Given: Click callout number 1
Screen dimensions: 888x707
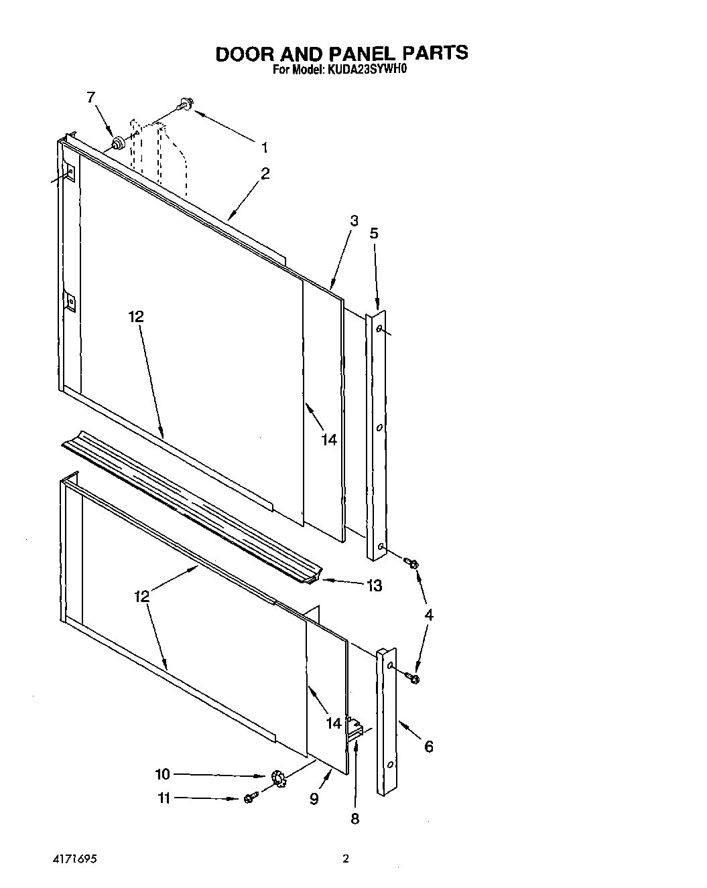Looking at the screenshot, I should [265, 147].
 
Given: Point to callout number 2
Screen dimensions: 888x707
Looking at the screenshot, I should [265, 173].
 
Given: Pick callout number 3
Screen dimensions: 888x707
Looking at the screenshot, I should [354, 220].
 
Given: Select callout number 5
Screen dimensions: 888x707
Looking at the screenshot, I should [374, 233].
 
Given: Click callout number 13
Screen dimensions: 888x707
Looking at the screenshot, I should [374, 585].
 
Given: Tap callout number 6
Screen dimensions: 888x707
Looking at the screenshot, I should [428, 746].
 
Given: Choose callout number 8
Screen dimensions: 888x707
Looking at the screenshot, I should [355, 818].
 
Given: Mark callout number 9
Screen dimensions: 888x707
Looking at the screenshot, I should [314, 798].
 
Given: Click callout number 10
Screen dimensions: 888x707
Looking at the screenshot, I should [163, 774].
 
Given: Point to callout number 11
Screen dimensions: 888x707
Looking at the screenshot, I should [163, 798].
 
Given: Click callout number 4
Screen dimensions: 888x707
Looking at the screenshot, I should [428, 615].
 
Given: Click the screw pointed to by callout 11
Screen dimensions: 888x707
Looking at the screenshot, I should [250, 798].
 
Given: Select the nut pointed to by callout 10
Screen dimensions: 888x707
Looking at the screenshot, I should [279, 777].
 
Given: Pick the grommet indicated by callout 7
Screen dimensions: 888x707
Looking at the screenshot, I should [119, 143].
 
